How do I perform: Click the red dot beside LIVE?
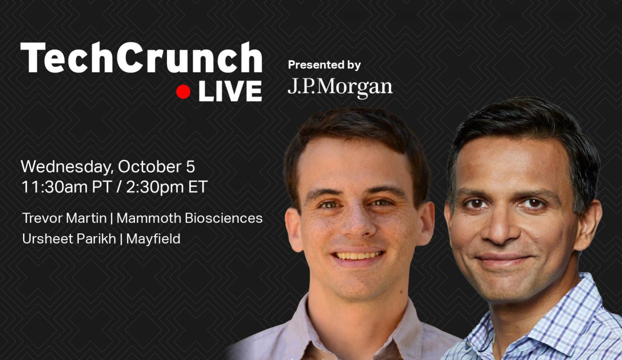coord(183,92)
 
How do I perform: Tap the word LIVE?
coord(230,92)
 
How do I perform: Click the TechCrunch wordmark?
coord(141,57)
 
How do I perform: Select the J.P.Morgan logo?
coord(340,88)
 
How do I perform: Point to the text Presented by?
coord(324,65)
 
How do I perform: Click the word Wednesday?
coord(67,167)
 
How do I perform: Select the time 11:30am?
coord(54,187)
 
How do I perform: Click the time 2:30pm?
coord(155,187)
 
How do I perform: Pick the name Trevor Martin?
coord(64,218)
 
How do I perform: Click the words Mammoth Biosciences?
coord(189,218)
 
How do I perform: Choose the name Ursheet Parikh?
coord(69,239)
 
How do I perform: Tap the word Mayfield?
coord(153,239)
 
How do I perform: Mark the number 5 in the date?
coord(191,167)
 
